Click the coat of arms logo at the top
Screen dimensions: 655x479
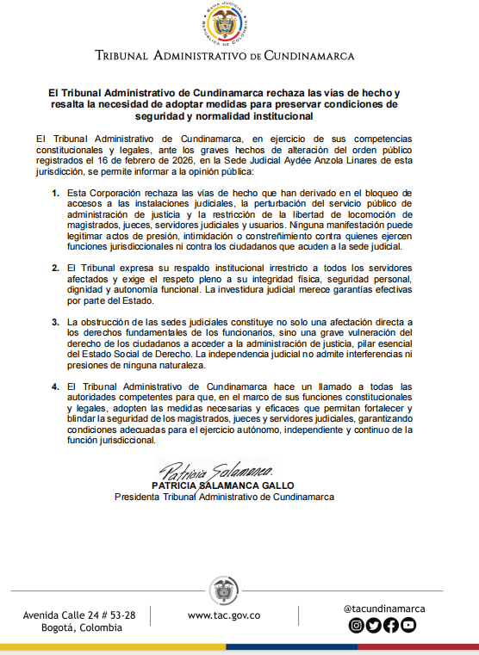coord(225,26)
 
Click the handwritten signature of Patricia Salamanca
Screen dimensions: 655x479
coord(216,472)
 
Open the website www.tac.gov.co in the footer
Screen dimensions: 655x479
coord(224,615)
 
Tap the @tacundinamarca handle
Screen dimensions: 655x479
coord(383,609)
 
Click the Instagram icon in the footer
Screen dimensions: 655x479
coord(357,626)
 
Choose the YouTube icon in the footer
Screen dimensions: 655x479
coord(408,626)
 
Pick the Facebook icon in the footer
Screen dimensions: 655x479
coord(391,626)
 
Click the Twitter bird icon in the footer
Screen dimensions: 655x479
coord(374,626)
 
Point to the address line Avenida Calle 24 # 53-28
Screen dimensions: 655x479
coord(79,615)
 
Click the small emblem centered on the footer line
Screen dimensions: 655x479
coord(224,591)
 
